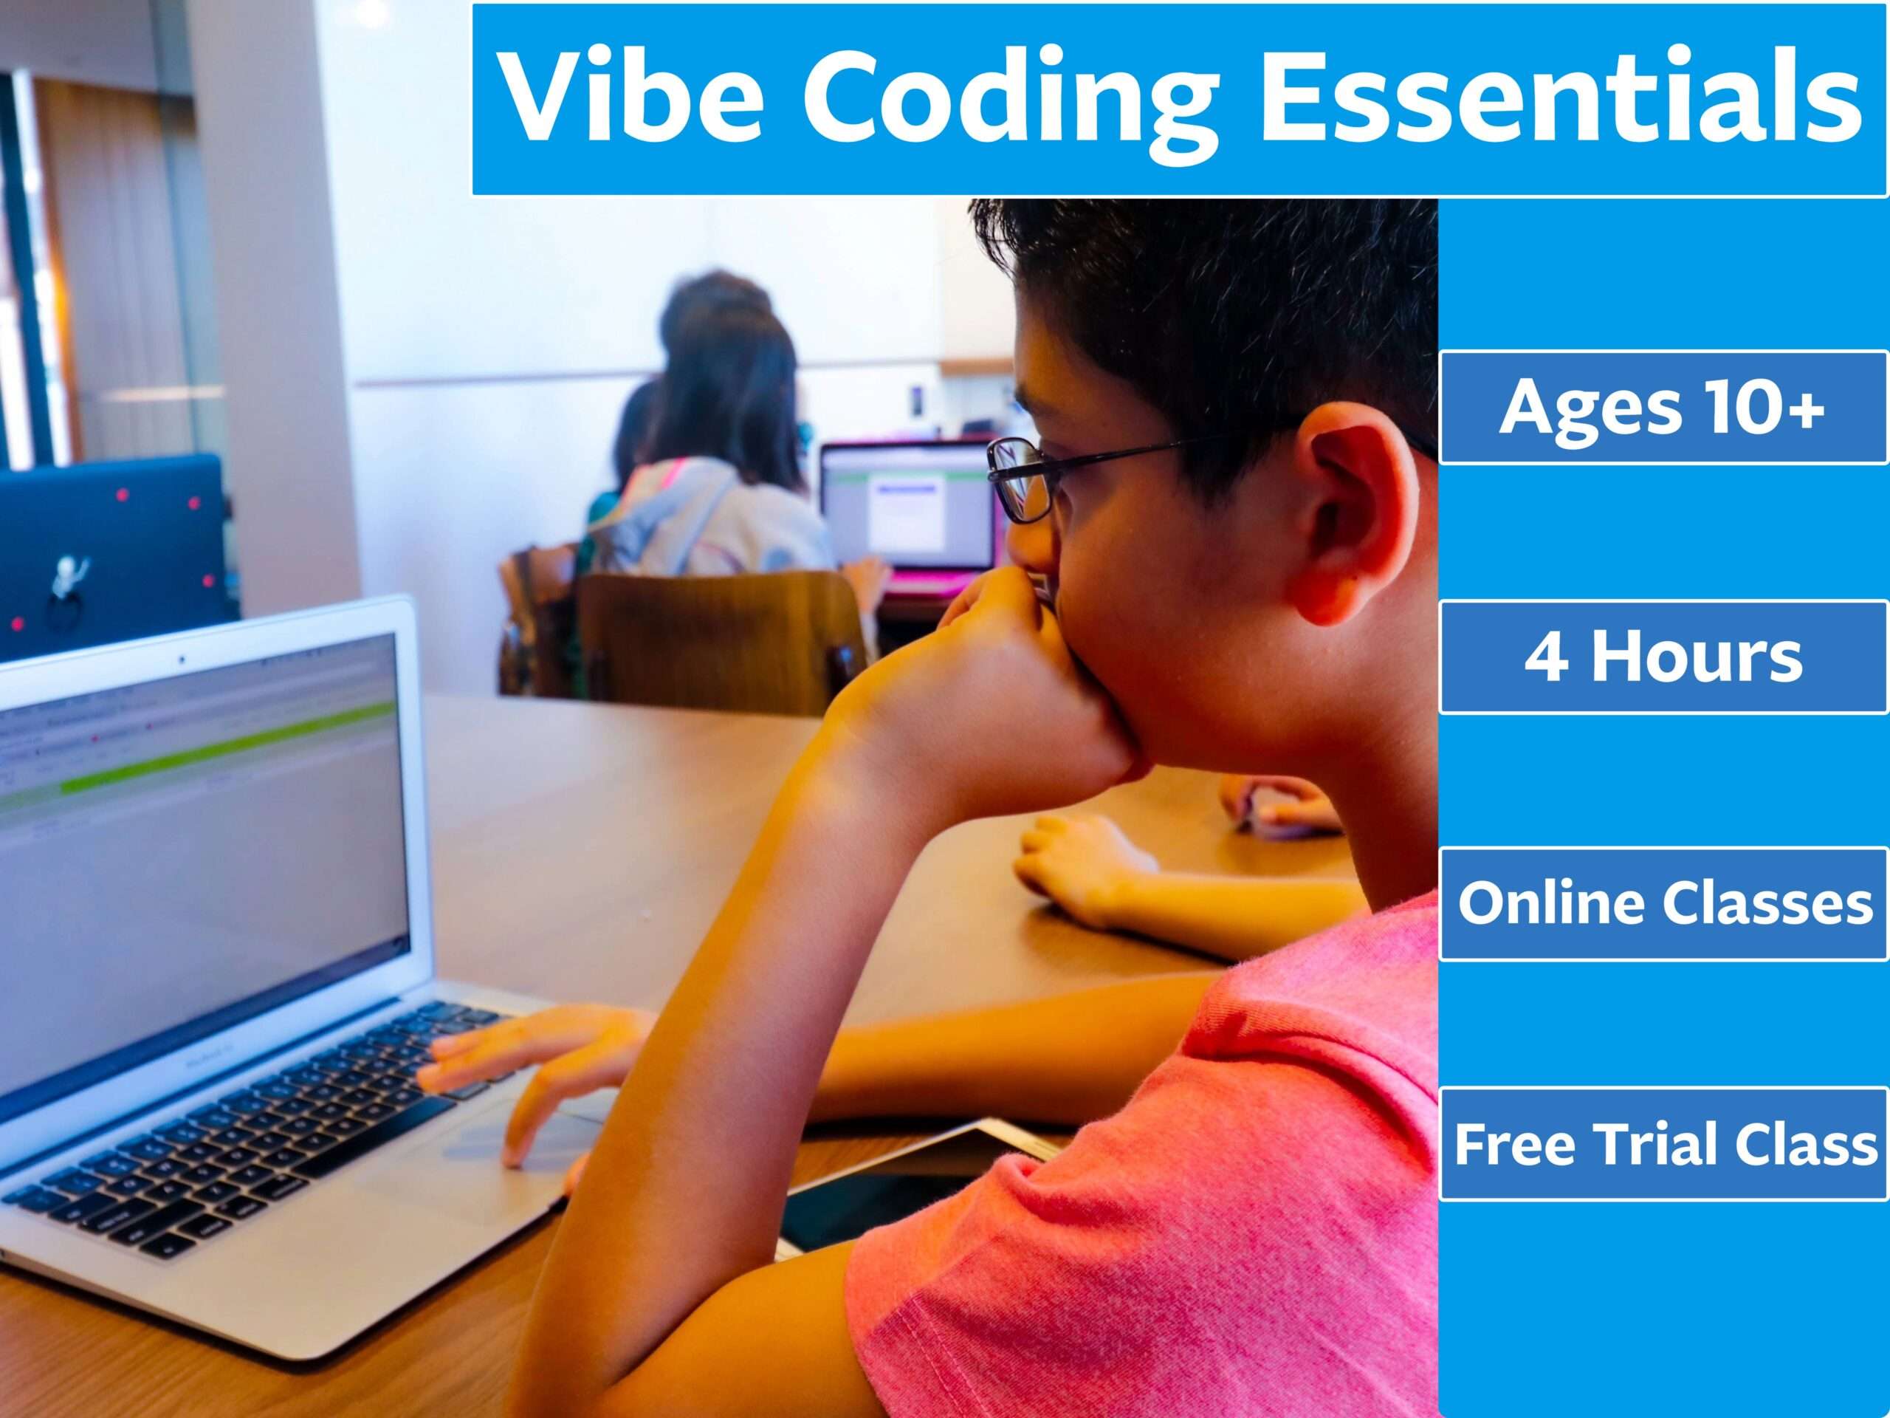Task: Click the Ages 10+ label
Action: pyautogui.click(x=1663, y=408)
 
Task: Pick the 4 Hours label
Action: pyautogui.click(x=1663, y=657)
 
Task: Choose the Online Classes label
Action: pyautogui.click(x=1663, y=902)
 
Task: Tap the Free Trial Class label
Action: pyautogui.click(x=1663, y=1143)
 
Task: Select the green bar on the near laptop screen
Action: pyautogui.click(x=213, y=752)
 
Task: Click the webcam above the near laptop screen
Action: pyautogui.click(x=181, y=660)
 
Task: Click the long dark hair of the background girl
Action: pyautogui.click(x=726, y=385)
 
